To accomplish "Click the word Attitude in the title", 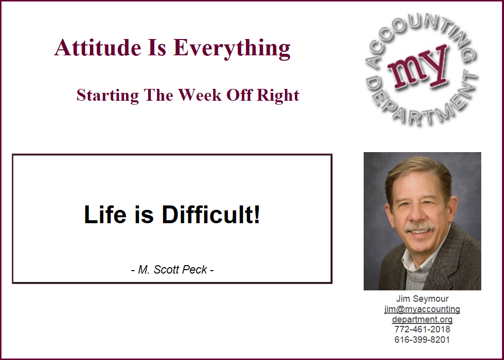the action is point(98,47).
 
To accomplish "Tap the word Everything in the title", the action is point(232,48).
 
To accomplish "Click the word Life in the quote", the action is point(105,214).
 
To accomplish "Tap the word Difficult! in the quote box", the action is point(210,214).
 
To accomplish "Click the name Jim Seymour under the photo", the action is point(422,299).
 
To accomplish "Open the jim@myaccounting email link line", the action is point(422,309).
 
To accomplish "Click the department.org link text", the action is point(422,319).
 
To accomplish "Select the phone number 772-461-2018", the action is point(422,329).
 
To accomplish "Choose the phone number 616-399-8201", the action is point(422,339).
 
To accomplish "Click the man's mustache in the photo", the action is point(419,227).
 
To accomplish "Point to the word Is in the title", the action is point(157,47).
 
